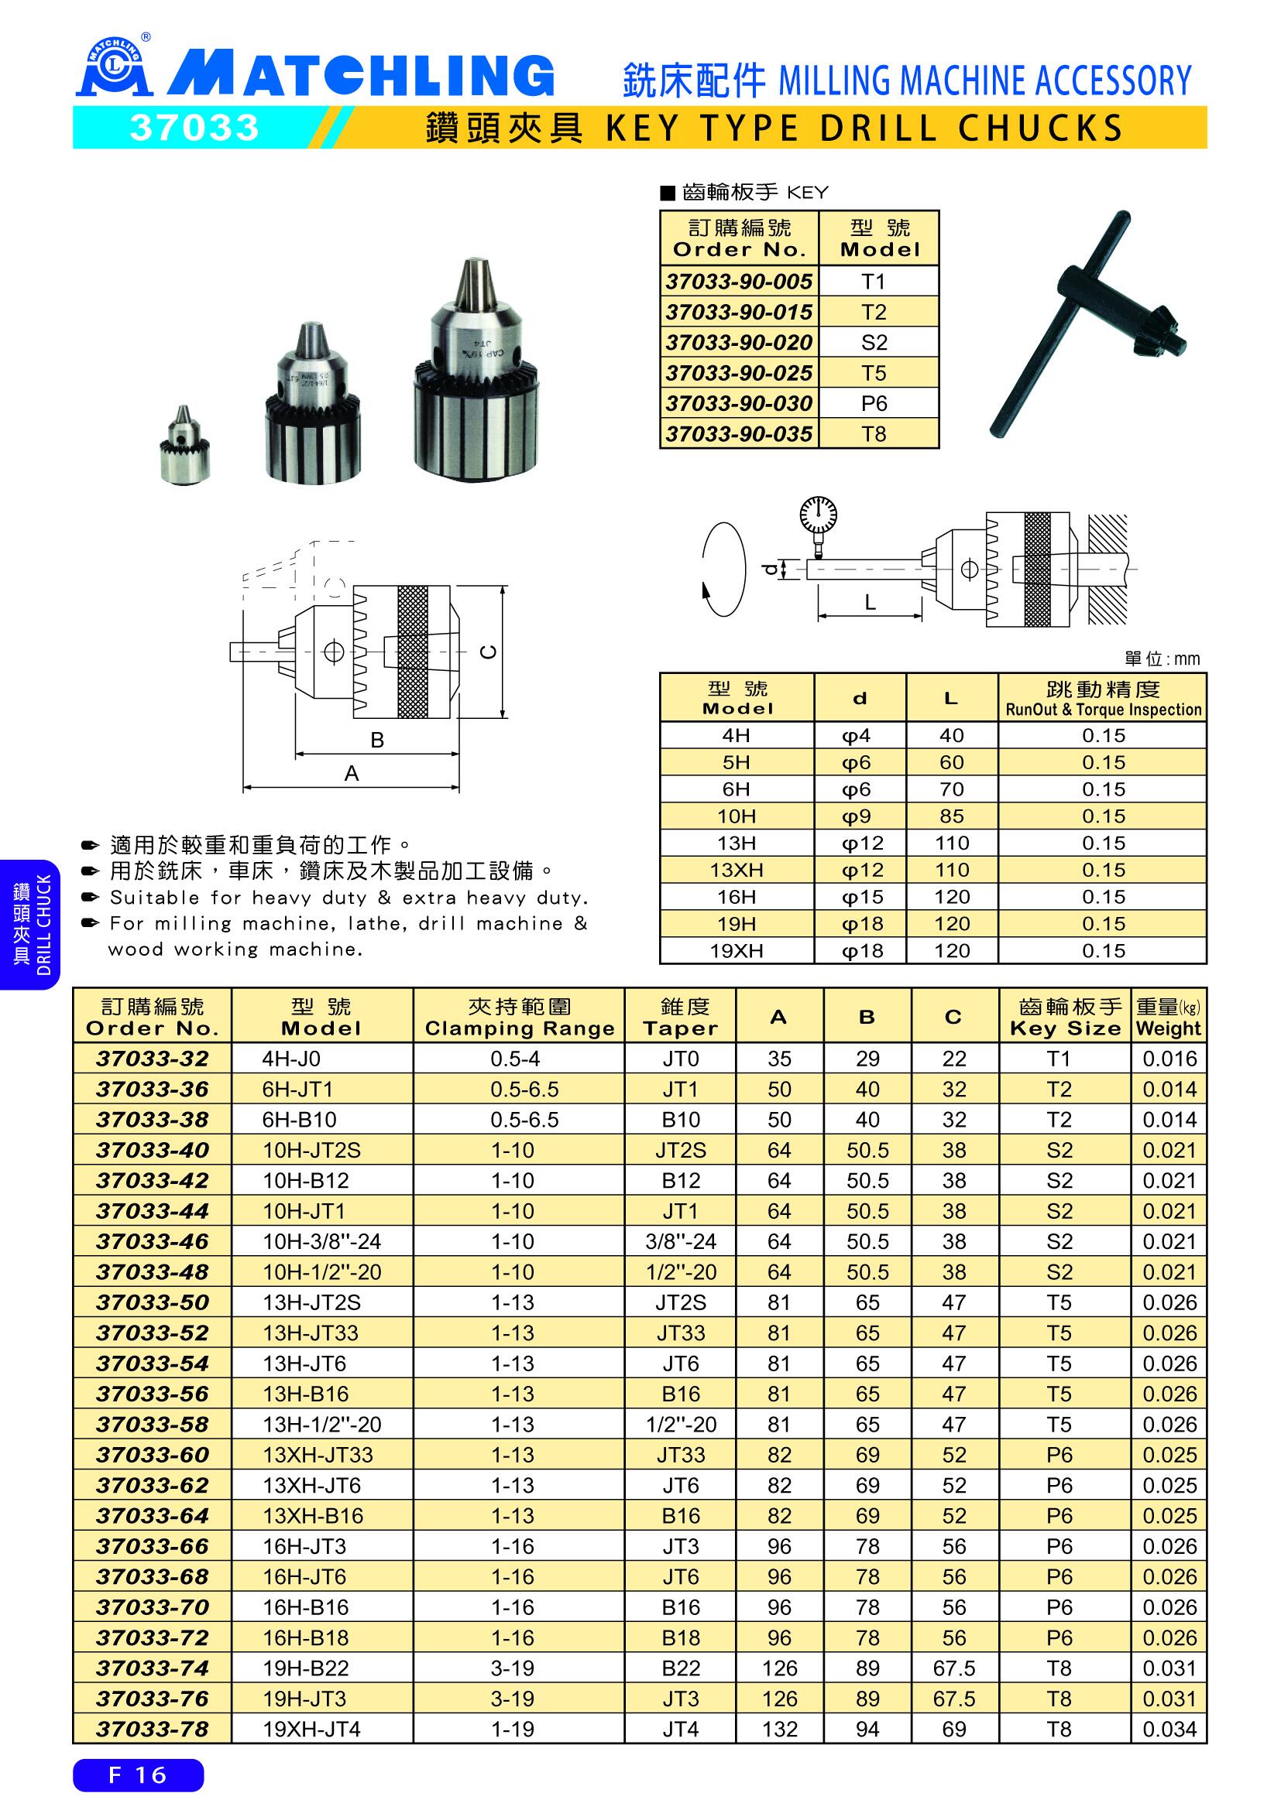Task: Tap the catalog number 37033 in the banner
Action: [194, 128]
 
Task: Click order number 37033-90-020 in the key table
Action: [739, 342]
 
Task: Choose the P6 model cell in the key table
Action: [874, 403]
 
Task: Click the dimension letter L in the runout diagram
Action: [870, 602]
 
